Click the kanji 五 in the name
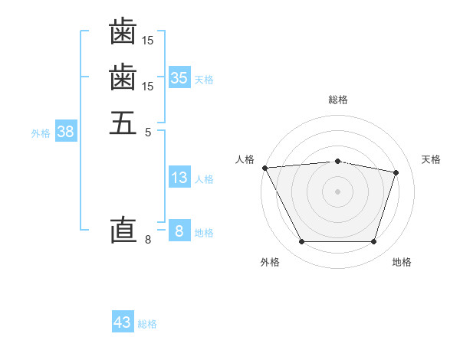(123, 122)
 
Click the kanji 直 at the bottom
(123, 231)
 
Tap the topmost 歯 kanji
(123, 33)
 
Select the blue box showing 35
(179, 77)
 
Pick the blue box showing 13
(179, 178)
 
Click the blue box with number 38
(65, 131)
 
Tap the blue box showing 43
(122, 322)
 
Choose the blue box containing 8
(179, 231)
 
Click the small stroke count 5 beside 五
(148, 131)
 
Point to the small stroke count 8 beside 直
(148, 241)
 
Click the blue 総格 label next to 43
(147, 324)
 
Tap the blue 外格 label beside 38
(41, 133)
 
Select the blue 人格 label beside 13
(204, 179)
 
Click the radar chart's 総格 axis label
(338, 100)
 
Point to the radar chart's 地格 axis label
(402, 262)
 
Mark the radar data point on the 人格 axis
(264, 168)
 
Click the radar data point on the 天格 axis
(396, 173)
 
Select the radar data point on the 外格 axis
(301, 242)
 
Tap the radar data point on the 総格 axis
(338, 161)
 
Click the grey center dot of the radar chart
(338, 191)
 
